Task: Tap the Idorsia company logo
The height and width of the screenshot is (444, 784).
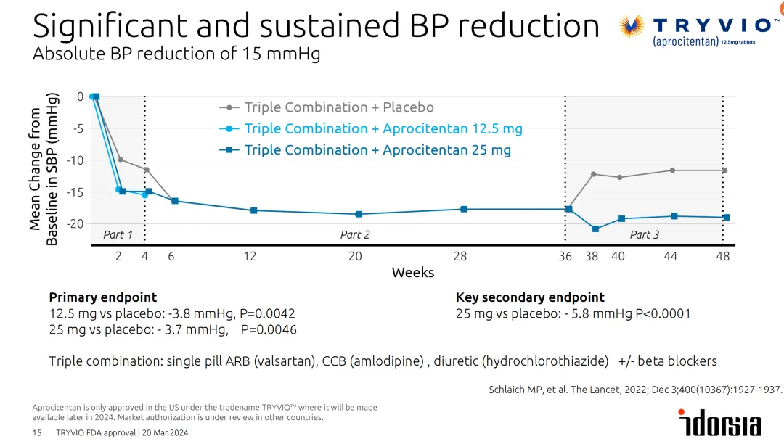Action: pos(719,422)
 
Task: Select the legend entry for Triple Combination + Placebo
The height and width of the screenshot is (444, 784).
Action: pos(338,107)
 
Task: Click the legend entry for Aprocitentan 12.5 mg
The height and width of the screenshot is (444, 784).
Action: pos(383,128)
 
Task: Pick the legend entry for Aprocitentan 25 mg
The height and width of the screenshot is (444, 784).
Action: pos(377,150)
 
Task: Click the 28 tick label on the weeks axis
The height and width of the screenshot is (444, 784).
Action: pos(460,256)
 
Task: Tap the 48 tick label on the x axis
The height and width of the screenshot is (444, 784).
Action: pos(722,256)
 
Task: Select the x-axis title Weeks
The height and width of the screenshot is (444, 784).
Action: pos(412,273)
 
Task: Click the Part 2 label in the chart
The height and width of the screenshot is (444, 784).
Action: pos(355,234)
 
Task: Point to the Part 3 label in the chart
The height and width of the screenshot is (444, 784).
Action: pos(644,234)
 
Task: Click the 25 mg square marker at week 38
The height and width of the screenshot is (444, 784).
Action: pos(595,229)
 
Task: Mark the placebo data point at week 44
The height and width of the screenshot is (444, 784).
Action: pos(672,170)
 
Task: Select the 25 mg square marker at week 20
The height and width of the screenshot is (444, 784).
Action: pos(358,214)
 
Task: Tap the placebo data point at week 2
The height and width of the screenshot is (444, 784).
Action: pos(121,160)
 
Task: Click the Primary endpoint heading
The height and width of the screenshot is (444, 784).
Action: pos(102,297)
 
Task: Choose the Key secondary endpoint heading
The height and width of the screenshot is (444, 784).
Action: pos(530,297)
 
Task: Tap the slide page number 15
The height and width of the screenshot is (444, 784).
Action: pos(37,433)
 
